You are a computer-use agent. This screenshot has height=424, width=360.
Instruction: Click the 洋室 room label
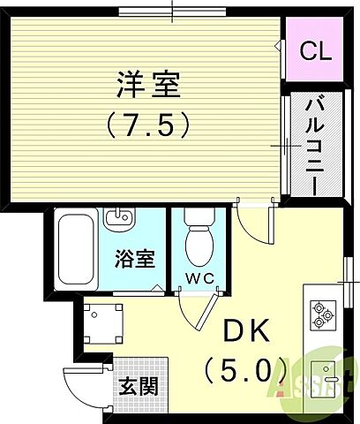coord(148,86)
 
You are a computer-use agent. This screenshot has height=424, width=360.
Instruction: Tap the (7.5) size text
coord(148,125)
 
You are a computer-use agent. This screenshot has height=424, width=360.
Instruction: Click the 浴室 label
coord(134,259)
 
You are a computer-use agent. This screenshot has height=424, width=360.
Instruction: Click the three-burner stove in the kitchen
coord(321,314)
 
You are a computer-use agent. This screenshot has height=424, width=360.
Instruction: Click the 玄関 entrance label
coord(139,385)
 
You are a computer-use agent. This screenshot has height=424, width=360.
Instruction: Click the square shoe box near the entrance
coord(103,323)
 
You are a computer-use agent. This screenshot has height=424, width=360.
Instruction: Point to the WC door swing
coord(197,309)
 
